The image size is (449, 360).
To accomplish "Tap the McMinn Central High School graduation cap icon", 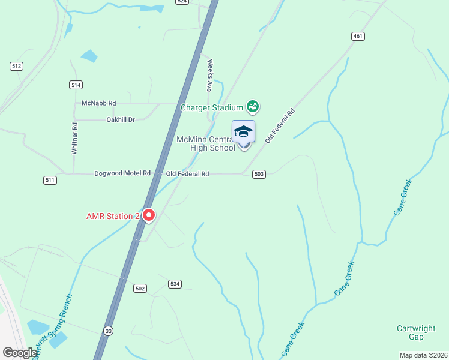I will pyautogui.click(x=243, y=131).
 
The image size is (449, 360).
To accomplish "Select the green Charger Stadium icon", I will pyautogui.click(x=253, y=107).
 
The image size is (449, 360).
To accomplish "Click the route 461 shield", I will pyautogui.click(x=358, y=37).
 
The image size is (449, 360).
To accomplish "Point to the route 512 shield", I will pyautogui.click(x=16, y=66).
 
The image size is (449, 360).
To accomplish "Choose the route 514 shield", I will pyautogui.click(x=75, y=85).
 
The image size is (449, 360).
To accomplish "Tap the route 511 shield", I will pyautogui.click(x=50, y=180).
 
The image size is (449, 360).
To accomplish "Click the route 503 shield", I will pyautogui.click(x=259, y=174).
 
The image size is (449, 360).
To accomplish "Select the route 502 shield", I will pyautogui.click(x=140, y=289).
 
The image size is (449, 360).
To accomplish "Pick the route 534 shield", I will pyautogui.click(x=175, y=284).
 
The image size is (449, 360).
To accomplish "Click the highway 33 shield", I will pyautogui.click(x=108, y=331).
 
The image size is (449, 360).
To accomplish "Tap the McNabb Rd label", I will pyautogui.click(x=98, y=103).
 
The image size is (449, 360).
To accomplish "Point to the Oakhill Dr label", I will pyautogui.click(x=121, y=119).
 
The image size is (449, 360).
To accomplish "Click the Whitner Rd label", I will pyautogui.click(x=74, y=139).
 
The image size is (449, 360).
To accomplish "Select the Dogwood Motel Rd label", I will pyautogui.click(x=122, y=173).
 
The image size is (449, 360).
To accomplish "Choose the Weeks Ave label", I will pyautogui.click(x=209, y=75).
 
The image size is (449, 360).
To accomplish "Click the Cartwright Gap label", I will pyautogui.click(x=416, y=332).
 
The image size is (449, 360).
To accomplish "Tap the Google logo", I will pyautogui.click(x=20, y=353).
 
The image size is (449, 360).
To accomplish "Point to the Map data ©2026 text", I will pyautogui.click(x=423, y=355).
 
